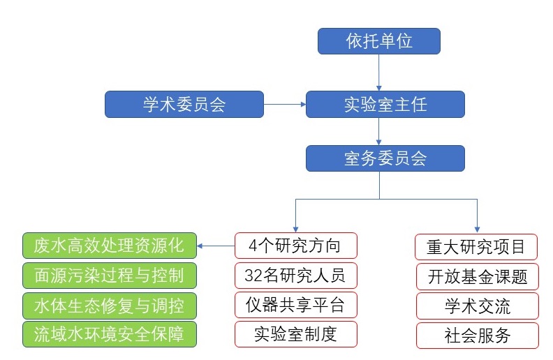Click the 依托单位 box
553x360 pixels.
378,41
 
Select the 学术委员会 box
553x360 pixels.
184,104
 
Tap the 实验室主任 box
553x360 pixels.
385,104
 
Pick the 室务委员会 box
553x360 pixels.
385,158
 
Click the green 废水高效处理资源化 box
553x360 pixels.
110,246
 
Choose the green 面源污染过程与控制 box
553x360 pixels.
110,276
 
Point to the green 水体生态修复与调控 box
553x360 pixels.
110,306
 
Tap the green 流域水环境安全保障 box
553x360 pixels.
110,334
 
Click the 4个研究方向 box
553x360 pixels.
296,246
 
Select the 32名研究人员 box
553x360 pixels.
296,276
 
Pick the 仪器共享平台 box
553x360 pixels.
296,305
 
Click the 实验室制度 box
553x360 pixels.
296,334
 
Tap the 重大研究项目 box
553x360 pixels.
476,247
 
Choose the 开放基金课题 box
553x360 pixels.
478,276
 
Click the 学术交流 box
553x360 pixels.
478,306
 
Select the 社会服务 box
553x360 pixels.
478,336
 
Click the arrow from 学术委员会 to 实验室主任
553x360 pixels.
285,104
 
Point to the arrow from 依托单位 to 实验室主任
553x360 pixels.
378,73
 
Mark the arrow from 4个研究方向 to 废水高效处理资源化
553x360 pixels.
216,246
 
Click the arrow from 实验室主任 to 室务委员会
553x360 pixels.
378,131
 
